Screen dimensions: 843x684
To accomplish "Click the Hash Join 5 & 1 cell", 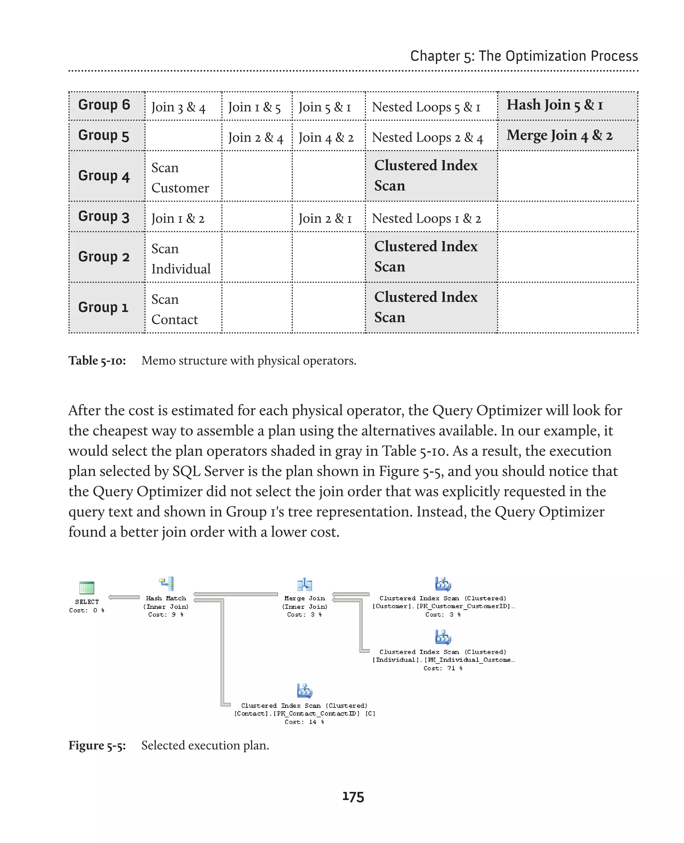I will pyautogui.click(x=567, y=105).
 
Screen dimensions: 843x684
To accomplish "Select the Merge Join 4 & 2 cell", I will pyautogui.click(x=567, y=135).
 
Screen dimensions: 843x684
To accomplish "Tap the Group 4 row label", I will pyautogui.click(x=104, y=176).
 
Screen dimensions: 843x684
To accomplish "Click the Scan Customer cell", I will pyautogui.click(x=180, y=178).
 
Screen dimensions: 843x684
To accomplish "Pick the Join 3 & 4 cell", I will pyautogui.click(x=178, y=107).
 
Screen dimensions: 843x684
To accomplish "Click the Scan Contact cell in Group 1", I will pyautogui.click(x=175, y=309).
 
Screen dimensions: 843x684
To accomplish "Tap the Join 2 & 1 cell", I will pyautogui.click(x=325, y=218).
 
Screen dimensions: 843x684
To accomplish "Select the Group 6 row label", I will pyautogui.click(x=104, y=105).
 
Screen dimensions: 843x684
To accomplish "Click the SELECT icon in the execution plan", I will pyautogui.click(x=87, y=587).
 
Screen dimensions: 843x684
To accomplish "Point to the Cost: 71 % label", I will pyautogui.click(x=443, y=668).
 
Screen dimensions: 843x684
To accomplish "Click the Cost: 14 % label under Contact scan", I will pyautogui.click(x=304, y=722).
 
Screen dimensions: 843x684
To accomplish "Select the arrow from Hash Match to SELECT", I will pyautogui.click(x=124, y=597).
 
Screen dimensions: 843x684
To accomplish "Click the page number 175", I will pyautogui.click(x=353, y=797).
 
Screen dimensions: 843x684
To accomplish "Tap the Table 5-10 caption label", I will pyautogui.click(x=97, y=361).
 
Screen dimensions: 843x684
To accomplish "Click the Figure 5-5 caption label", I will pyautogui.click(x=97, y=745).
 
